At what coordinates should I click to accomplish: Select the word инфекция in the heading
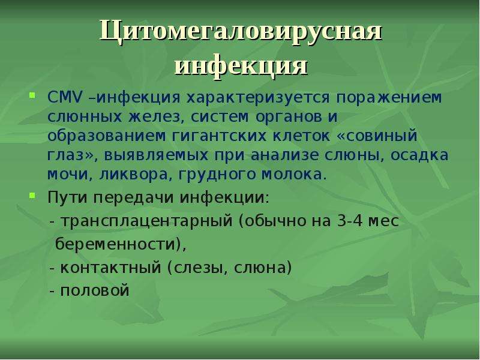point(241,66)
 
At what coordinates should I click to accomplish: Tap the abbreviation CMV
point(65,98)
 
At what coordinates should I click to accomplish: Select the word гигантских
point(219,136)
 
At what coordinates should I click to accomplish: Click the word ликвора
point(134,175)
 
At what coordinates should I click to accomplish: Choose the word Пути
point(67,197)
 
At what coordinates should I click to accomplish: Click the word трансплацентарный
point(146,221)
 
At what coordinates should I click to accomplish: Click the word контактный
point(110,268)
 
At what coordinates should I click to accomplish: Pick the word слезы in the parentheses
point(197,268)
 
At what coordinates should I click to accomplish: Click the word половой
point(95,290)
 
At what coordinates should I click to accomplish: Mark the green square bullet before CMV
point(32,95)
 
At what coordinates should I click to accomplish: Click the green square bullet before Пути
point(32,195)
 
